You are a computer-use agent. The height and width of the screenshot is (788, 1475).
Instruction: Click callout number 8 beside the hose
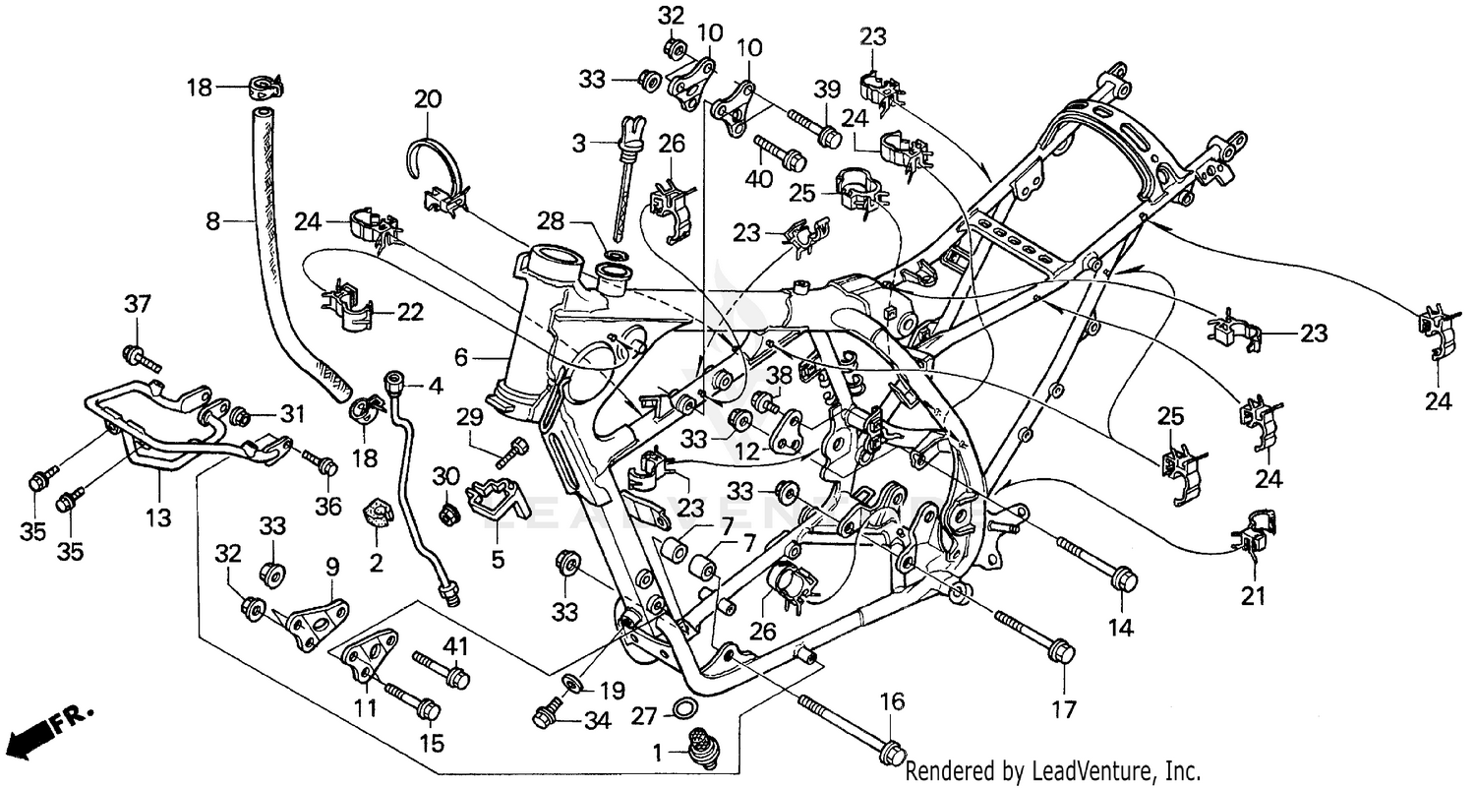coord(213,222)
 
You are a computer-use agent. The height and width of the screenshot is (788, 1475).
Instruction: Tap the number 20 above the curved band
coord(428,99)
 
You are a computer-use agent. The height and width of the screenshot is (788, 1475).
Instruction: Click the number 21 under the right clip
coord(1253,595)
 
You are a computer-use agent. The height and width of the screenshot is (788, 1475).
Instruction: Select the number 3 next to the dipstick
coord(578,144)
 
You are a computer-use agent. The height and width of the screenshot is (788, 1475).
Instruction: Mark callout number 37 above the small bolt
coord(137,305)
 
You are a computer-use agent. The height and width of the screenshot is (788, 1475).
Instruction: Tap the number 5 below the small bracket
coord(498,560)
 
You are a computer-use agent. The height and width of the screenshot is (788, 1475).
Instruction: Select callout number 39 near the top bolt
coord(827,90)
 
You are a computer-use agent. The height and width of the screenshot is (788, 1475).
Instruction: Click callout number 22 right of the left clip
coord(410,313)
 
